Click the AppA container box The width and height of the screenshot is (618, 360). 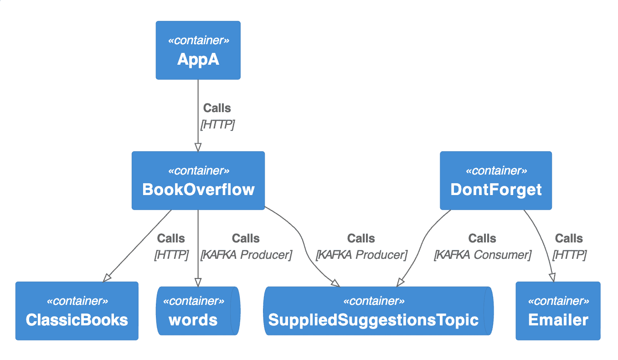198,50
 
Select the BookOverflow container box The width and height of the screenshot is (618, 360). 198,181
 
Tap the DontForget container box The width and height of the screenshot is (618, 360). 495,181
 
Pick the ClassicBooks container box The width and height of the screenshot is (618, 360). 77,311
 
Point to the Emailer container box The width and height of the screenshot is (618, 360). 558,311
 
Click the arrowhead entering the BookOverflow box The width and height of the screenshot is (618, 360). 198,147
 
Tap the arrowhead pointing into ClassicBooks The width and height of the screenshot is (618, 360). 107,278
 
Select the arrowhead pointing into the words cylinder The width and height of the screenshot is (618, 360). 198,282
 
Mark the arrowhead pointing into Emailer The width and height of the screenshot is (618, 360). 552,277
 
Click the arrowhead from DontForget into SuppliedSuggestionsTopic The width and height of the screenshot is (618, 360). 400,283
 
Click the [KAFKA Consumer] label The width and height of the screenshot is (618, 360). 482,255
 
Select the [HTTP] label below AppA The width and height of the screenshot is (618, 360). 217,124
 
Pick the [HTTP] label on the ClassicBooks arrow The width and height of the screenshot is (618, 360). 171,255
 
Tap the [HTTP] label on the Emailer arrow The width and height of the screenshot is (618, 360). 569,255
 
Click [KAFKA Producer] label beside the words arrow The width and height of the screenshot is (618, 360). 246,255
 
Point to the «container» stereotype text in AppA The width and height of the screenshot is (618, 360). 198,41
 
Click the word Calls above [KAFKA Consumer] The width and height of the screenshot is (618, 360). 482,238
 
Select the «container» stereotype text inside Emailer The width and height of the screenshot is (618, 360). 558,301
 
